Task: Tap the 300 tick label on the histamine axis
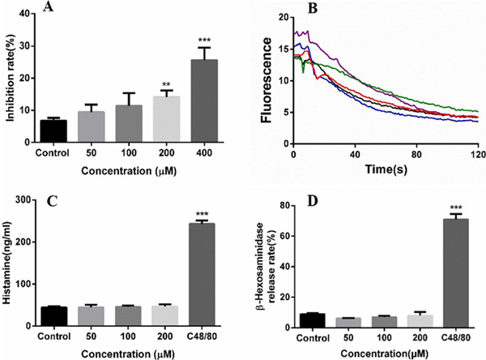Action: [x=18, y=199]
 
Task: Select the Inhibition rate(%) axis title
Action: [x=7, y=77]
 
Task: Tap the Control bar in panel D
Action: [x=313, y=320]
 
